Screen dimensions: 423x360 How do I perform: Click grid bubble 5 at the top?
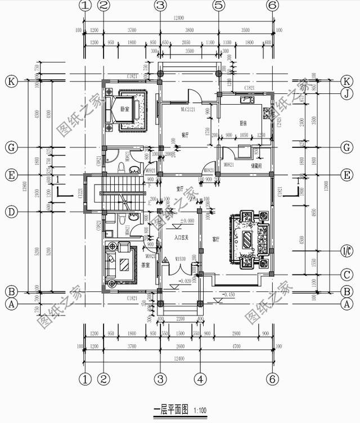click(x=219, y=6)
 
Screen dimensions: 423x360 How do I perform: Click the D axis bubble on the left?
click(x=11, y=212)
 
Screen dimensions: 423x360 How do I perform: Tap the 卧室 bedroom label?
click(x=125, y=109)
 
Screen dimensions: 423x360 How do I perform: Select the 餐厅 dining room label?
click(x=184, y=135)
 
